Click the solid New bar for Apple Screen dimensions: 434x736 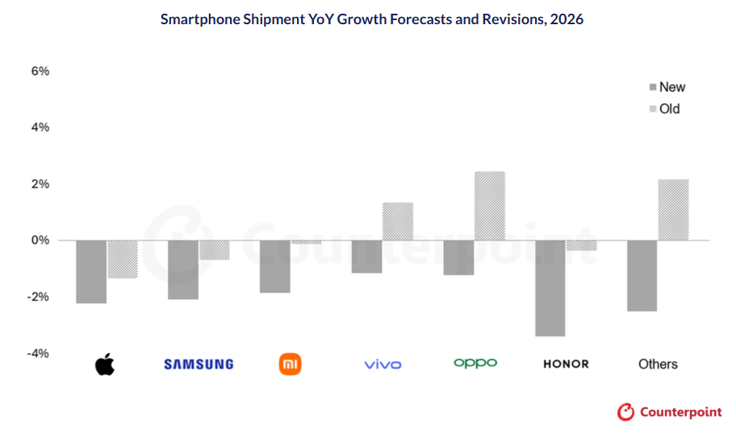coord(91,272)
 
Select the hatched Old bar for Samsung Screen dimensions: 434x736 coord(215,250)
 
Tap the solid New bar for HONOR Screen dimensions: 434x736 coord(550,288)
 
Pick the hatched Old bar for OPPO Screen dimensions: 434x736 coord(490,206)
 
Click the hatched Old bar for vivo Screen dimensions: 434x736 coord(398,221)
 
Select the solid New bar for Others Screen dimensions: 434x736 coord(642,275)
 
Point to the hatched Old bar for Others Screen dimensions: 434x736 coord(674,210)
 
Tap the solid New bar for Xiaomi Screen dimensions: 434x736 coord(275,266)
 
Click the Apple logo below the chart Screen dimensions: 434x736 coord(105,365)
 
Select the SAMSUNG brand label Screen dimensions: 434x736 coord(199,365)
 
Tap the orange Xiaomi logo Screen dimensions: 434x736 coord(290,364)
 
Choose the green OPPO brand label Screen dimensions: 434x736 coord(475,364)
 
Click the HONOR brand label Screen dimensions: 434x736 coord(566,365)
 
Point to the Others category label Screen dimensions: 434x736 coord(658,365)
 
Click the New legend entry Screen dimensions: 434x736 coord(667,87)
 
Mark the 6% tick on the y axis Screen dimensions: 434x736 coord(40,71)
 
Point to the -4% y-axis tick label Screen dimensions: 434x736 coord(38,353)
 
